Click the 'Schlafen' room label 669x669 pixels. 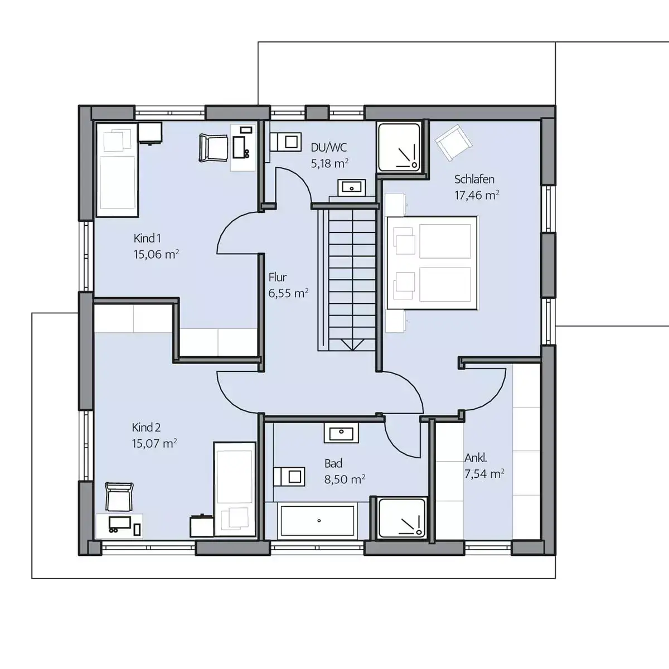474,180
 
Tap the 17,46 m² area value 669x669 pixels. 477,195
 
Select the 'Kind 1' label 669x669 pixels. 147,239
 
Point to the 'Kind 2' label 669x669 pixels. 146,428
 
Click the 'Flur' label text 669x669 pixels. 278,277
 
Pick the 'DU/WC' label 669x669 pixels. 328,148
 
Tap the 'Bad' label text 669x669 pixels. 333,463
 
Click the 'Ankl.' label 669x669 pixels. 476,458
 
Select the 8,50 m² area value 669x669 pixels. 345,479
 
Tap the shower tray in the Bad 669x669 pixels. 401,518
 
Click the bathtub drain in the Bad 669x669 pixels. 319,521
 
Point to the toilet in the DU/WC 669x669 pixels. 285,142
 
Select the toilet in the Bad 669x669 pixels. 289,477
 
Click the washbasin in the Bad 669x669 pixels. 341,433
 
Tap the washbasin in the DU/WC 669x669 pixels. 351,188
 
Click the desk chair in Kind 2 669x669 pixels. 119,497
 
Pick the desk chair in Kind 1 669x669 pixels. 213,148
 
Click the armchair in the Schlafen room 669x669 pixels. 453,142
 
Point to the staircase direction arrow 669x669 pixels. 352,345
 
